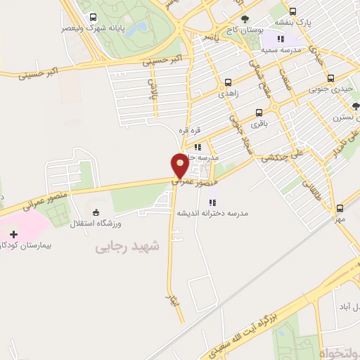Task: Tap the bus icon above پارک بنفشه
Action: coord(292,11)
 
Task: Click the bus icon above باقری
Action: coord(259,112)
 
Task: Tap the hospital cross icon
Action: coord(14,233)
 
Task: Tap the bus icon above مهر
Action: coord(340,207)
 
